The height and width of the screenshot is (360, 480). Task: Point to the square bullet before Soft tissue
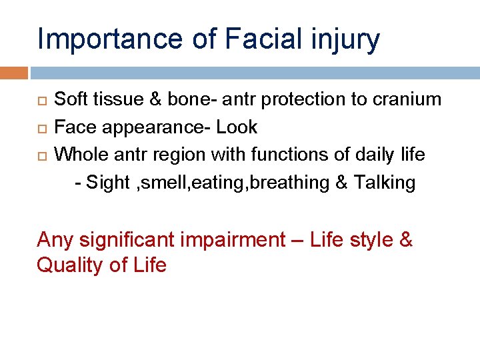coord(41,100)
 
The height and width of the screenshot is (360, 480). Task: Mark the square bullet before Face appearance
coord(41,127)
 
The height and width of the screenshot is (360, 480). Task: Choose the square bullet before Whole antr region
coord(41,155)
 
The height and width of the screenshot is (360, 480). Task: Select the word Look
coord(237,127)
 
